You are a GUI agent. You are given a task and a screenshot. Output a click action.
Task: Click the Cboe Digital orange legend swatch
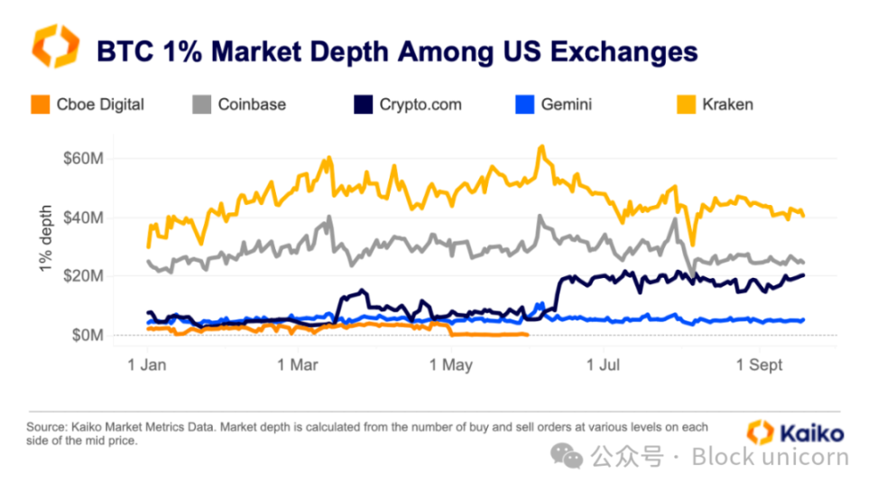click(x=39, y=105)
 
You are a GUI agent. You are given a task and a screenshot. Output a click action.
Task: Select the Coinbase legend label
click(x=252, y=105)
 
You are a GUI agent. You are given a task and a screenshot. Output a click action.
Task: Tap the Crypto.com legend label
click(x=420, y=105)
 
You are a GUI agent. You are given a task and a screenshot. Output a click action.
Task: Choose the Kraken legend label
click(x=727, y=105)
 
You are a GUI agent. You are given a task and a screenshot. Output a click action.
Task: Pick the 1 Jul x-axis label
click(x=605, y=365)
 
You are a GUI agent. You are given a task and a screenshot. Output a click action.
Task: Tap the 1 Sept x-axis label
click(x=761, y=365)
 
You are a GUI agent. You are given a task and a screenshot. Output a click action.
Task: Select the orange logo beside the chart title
click(x=55, y=46)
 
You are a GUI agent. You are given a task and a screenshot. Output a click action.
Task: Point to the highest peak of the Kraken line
click(x=540, y=147)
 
